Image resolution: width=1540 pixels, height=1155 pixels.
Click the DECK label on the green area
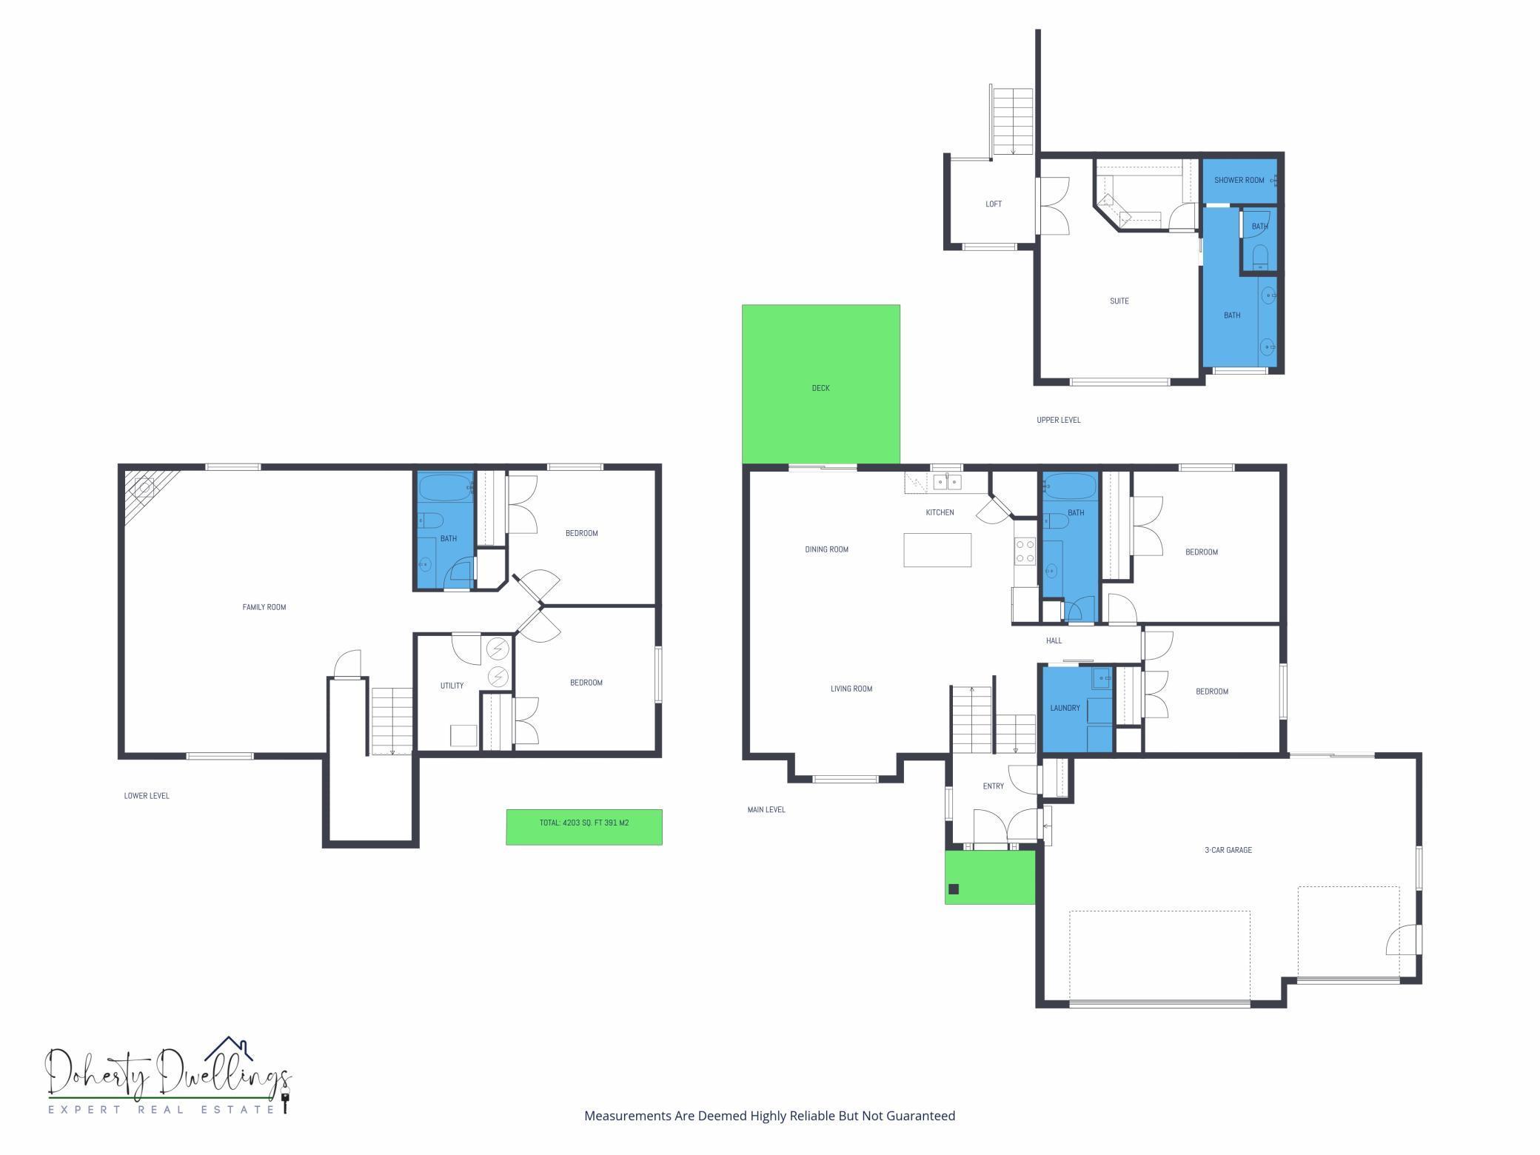coord(820,388)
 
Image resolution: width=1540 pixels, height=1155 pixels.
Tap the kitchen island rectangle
coord(937,550)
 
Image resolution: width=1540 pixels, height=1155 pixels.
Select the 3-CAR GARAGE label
coord(1228,850)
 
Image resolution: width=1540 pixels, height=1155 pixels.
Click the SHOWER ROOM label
coord(1239,180)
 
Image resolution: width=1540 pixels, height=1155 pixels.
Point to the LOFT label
coord(993,204)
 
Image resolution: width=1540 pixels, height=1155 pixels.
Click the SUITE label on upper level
coord(1119,301)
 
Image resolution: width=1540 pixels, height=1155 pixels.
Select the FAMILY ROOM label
coord(264,607)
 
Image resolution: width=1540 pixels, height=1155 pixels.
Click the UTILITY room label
coord(452,686)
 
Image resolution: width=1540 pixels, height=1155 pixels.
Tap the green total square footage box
coord(584,826)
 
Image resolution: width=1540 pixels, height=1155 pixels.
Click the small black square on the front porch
coord(954,889)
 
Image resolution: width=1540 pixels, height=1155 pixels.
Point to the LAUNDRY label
coord(1065,708)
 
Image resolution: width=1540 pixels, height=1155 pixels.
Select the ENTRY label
coord(993,786)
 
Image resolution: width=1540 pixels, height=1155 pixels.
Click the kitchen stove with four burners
coord(1025,552)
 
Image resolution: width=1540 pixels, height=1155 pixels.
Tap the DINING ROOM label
coord(826,549)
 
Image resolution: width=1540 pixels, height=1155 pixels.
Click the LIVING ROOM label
coord(851,689)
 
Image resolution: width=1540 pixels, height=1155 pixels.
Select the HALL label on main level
coord(1054,640)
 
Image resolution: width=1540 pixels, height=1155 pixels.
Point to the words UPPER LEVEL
coord(1058,420)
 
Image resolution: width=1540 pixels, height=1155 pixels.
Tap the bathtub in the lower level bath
coord(444,489)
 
